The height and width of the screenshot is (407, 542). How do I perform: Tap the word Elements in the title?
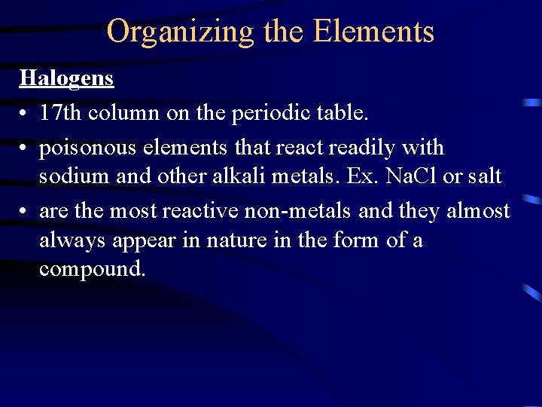click(373, 32)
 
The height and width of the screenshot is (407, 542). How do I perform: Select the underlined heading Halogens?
click(66, 78)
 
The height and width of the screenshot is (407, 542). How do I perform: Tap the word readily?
click(362, 148)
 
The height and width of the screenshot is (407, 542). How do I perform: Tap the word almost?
click(479, 211)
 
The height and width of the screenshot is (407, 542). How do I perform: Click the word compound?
click(91, 268)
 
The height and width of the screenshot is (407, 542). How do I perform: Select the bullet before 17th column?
click(24, 114)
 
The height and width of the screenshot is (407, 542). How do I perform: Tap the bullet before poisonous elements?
click(24, 148)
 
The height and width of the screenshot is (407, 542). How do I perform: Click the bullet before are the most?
click(24, 212)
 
